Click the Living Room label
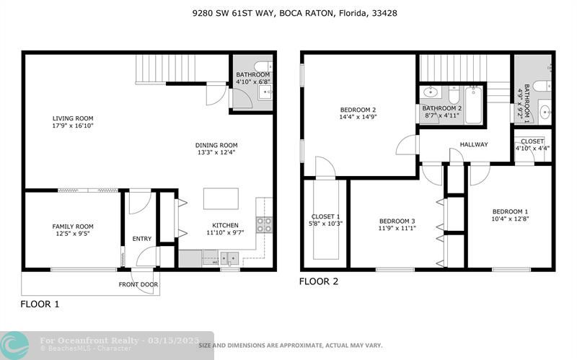(73, 118)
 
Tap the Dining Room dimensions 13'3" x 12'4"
(216, 152)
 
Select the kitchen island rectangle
(221, 199)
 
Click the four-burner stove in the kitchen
(264, 224)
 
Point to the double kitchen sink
(229, 258)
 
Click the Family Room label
(73, 227)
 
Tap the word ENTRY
(141, 239)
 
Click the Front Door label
(138, 284)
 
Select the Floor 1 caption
(40, 304)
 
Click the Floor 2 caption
(319, 281)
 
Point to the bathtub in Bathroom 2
(473, 105)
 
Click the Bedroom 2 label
(358, 110)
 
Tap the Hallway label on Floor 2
(474, 144)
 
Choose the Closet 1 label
(326, 216)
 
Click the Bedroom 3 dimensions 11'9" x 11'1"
(397, 228)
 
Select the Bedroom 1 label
(511, 211)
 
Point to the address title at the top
(295, 13)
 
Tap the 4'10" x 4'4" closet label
(532, 149)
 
